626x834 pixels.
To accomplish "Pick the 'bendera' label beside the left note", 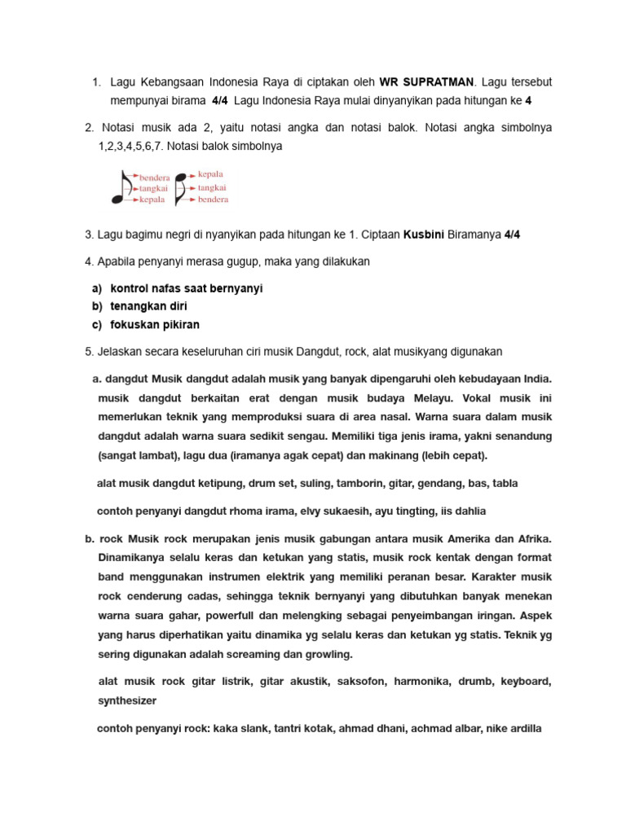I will pos(155,177).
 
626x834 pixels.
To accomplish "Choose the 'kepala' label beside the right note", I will pos(210,174).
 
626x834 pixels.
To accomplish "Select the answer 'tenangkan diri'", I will pos(149,307).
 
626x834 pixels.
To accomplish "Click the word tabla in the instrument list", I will pos(503,483).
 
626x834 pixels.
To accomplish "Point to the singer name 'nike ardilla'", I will pos(514,728).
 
